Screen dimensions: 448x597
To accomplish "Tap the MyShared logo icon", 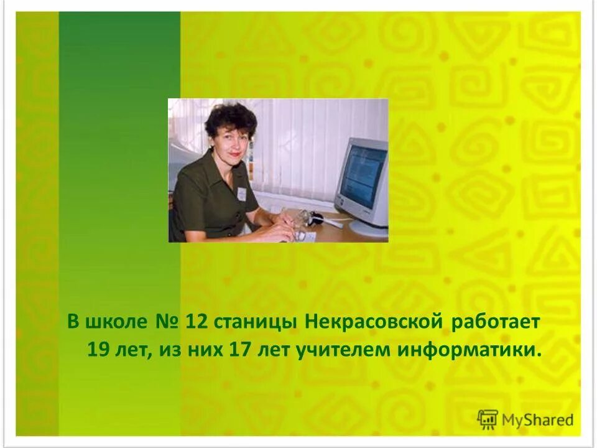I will point(488,419).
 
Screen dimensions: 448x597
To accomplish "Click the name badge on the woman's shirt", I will point(241,194).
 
